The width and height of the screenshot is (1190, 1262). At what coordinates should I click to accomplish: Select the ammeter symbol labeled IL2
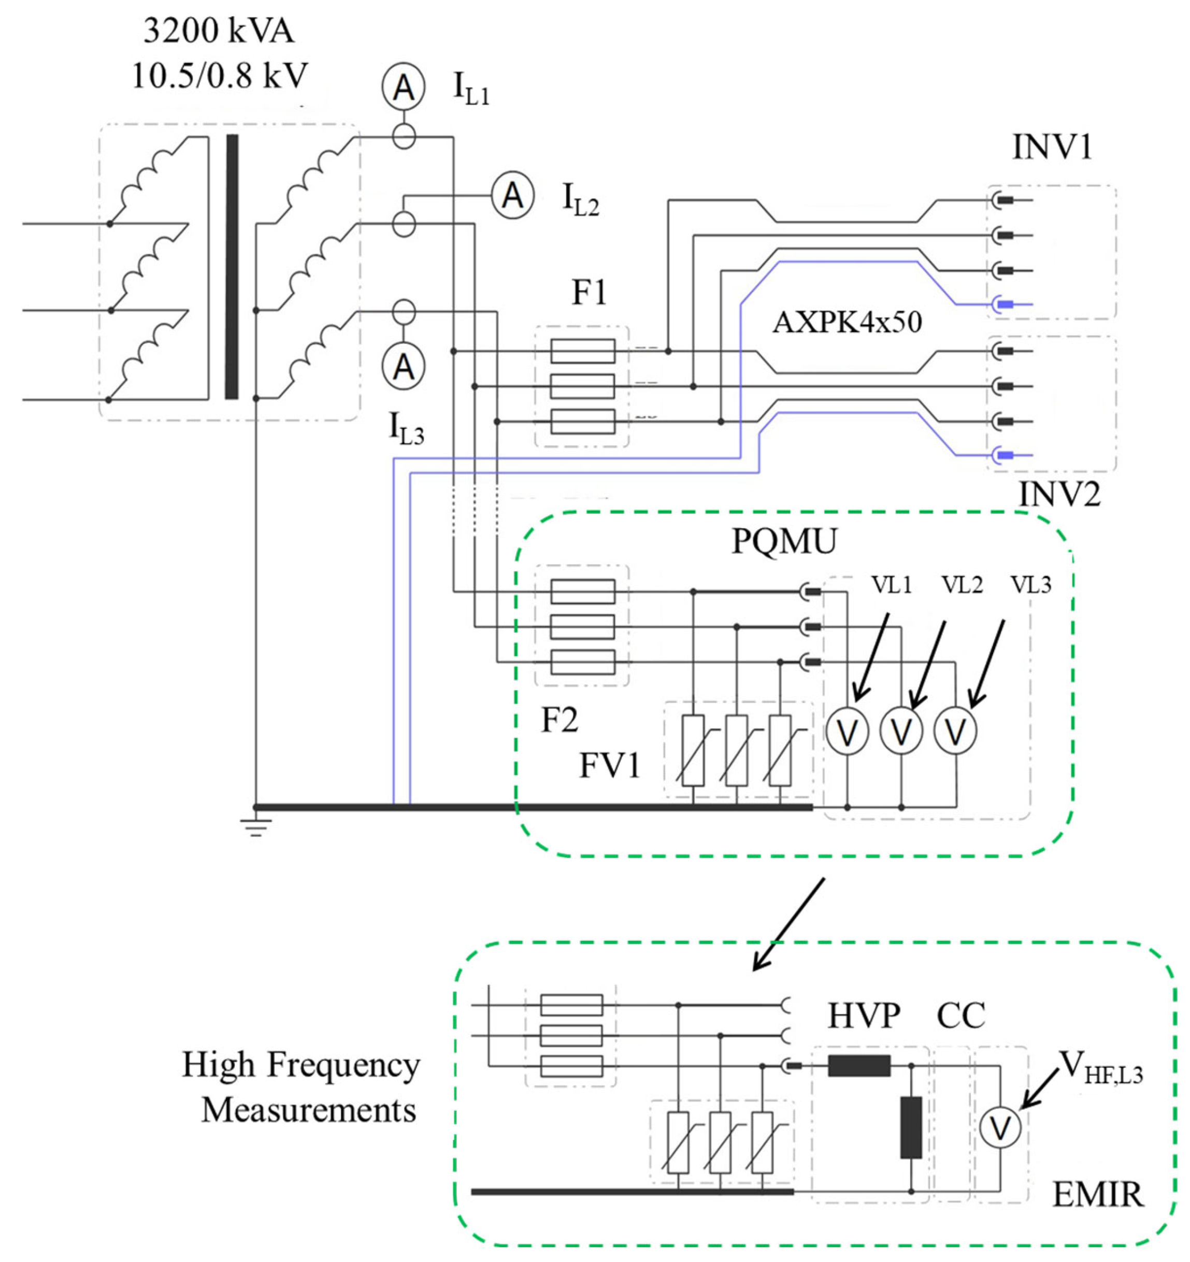click(x=512, y=196)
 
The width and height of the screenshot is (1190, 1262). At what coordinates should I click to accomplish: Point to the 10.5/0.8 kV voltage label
click(x=219, y=76)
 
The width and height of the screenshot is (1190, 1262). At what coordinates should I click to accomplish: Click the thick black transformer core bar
click(x=232, y=266)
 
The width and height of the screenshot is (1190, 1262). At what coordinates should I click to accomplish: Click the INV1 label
click(x=1052, y=147)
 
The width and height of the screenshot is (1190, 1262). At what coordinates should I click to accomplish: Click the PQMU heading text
click(x=784, y=542)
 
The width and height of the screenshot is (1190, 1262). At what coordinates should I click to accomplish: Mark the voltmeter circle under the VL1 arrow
click(x=847, y=731)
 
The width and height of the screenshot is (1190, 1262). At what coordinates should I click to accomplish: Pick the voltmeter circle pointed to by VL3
click(x=955, y=731)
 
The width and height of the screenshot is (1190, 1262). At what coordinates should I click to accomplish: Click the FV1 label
click(x=610, y=765)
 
